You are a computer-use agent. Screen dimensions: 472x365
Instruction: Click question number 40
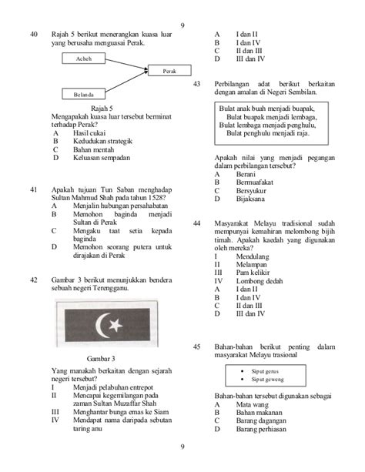tap(33, 34)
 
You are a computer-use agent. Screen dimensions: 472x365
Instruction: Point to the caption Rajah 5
tap(102, 108)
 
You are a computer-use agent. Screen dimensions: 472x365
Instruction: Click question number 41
tap(33, 189)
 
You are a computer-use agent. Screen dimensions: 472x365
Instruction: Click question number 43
tap(197, 83)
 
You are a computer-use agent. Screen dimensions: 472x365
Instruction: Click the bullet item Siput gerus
tap(264, 371)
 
